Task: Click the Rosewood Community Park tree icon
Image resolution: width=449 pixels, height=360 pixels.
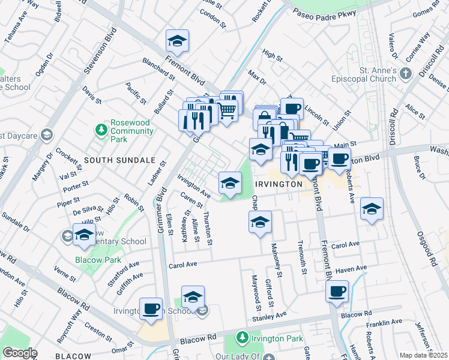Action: tap(101, 130)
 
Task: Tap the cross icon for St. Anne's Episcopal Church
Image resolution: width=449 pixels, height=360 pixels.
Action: tap(406, 74)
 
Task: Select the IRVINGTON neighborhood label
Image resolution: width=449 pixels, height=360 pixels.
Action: tap(278, 184)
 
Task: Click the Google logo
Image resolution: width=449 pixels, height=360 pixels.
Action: tap(19, 353)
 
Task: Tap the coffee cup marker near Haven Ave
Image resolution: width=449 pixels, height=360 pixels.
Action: tap(337, 292)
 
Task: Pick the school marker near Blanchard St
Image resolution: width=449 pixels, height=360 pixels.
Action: tap(177, 41)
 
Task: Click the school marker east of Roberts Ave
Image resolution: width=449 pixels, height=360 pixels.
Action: tap(372, 209)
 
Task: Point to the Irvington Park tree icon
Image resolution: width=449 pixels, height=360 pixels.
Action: tap(242, 338)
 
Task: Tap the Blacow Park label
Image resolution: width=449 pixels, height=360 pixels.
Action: tap(98, 260)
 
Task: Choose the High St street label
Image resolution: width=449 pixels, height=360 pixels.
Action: tap(272, 56)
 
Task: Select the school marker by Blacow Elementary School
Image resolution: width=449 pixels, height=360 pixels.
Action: tap(85, 234)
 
